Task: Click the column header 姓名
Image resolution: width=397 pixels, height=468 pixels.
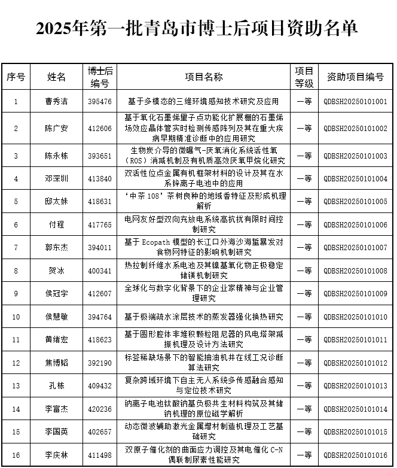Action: pyautogui.click(x=57, y=77)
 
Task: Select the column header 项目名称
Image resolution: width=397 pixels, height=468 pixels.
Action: pyautogui.click(x=203, y=77)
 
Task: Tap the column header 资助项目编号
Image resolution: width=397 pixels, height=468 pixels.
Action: pyautogui.click(x=355, y=77)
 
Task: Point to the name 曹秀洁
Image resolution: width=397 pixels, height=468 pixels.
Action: pyautogui.click(x=57, y=102)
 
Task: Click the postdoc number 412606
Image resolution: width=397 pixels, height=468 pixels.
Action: pyautogui.click(x=99, y=129)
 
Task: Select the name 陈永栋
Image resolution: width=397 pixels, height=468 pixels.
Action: pyautogui.click(x=57, y=156)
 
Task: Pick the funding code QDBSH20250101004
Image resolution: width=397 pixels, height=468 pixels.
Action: pyautogui.click(x=355, y=179)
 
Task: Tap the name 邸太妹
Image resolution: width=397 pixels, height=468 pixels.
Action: pyautogui.click(x=57, y=202)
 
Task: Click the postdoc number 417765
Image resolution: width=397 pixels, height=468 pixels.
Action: pyautogui.click(x=99, y=224)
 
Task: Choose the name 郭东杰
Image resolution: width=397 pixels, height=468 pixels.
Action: pyautogui.click(x=57, y=247)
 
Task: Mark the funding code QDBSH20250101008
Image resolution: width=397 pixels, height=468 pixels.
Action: pyautogui.click(x=355, y=271)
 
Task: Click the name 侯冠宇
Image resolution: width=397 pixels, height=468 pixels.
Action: pyautogui.click(x=57, y=293)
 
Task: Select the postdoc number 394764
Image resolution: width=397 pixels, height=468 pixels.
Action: pyautogui.click(x=99, y=317)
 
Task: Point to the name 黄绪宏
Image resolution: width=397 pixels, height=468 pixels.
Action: pyautogui.click(x=57, y=339)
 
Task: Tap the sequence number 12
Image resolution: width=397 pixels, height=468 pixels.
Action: pyautogui.click(x=16, y=363)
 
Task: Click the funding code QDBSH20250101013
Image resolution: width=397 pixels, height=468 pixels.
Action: pyautogui.click(x=355, y=386)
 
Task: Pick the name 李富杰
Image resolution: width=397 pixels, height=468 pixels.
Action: pyautogui.click(x=57, y=409)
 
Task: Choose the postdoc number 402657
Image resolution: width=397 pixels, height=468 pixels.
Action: pyautogui.click(x=99, y=432)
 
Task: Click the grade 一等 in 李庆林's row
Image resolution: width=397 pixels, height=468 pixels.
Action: pyautogui.click(x=304, y=455)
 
